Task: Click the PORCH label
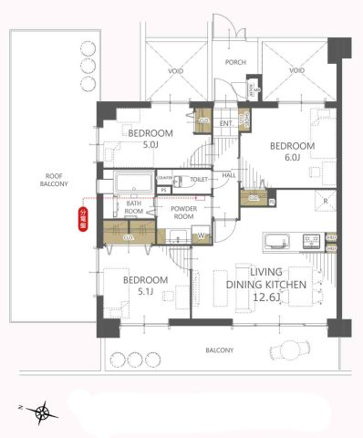[x=235, y=63]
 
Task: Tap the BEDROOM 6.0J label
[x=292, y=151]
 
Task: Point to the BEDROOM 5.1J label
[x=146, y=285]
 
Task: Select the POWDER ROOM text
[x=185, y=213]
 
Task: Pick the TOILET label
[x=199, y=181]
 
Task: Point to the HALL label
[x=230, y=173]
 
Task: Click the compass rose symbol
[x=43, y=413]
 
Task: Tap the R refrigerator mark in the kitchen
[x=325, y=200]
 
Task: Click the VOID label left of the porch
[x=177, y=70]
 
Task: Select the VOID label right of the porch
[x=296, y=70]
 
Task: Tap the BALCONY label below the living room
[x=218, y=350]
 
